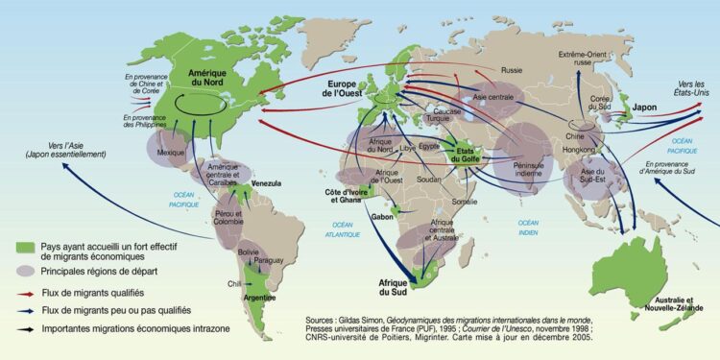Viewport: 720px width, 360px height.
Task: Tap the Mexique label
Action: pos(169,153)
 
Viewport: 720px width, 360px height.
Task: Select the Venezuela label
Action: pos(270,182)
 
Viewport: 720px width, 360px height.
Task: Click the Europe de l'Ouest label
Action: pos(348,89)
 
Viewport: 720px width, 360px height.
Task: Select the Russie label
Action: pos(512,70)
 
